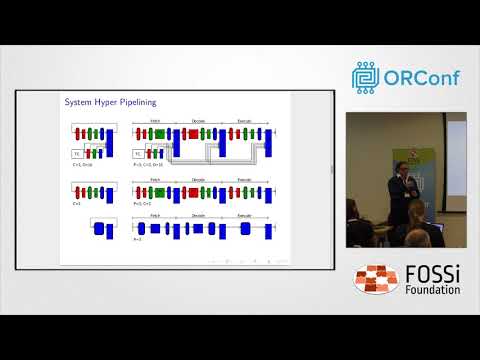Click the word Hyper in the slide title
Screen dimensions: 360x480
click(x=97, y=102)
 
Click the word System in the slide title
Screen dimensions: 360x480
click(x=77, y=102)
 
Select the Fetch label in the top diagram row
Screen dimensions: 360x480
click(x=155, y=121)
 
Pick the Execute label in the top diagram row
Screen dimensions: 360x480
click(x=243, y=121)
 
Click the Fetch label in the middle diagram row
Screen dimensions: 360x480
click(x=155, y=180)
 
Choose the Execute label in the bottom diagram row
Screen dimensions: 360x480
click(x=243, y=217)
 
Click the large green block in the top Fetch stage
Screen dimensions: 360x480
click(x=157, y=134)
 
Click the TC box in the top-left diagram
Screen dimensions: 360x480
click(x=77, y=153)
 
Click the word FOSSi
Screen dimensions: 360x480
click(x=429, y=273)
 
